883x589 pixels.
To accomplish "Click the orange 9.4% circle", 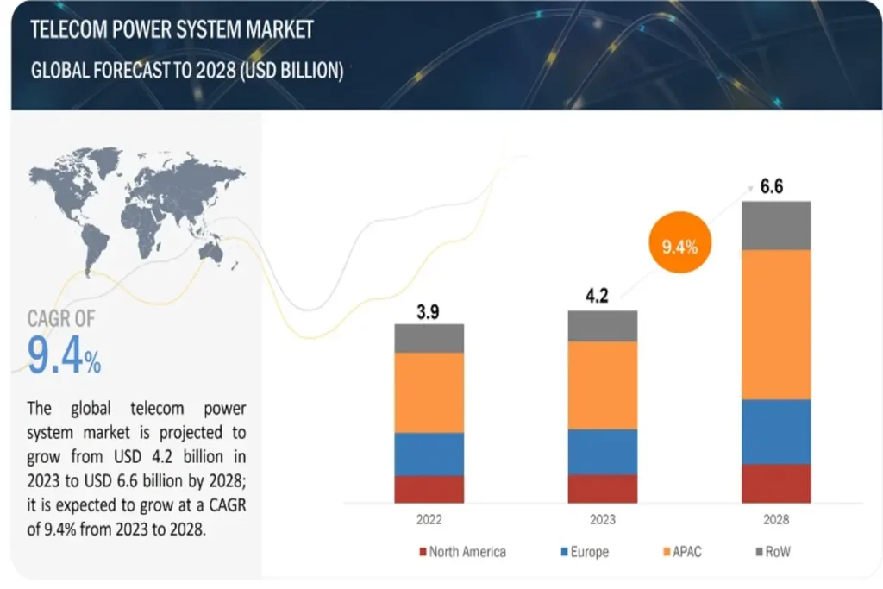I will (x=679, y=247).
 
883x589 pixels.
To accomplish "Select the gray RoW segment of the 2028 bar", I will (x=776, y=225).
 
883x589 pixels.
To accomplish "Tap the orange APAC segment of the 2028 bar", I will (x=776, y=324).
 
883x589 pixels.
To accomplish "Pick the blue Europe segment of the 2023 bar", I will (x=603, y=452).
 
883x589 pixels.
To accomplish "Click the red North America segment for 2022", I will (x=429, y=489).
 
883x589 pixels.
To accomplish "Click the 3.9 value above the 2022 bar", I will (x=428, y=311).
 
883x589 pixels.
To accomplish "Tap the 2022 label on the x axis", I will (x=429, y=520).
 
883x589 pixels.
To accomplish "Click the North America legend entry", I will (x=462, y=552).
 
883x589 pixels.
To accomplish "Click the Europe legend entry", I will (x=584, y=552).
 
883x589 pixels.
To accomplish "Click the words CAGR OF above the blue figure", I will (x=62, y=319).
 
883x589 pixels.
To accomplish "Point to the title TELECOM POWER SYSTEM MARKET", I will (x=172, y=30).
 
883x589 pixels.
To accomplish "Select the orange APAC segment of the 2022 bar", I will (x=429, y=392).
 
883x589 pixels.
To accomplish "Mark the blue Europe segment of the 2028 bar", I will (x=776, y=431).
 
